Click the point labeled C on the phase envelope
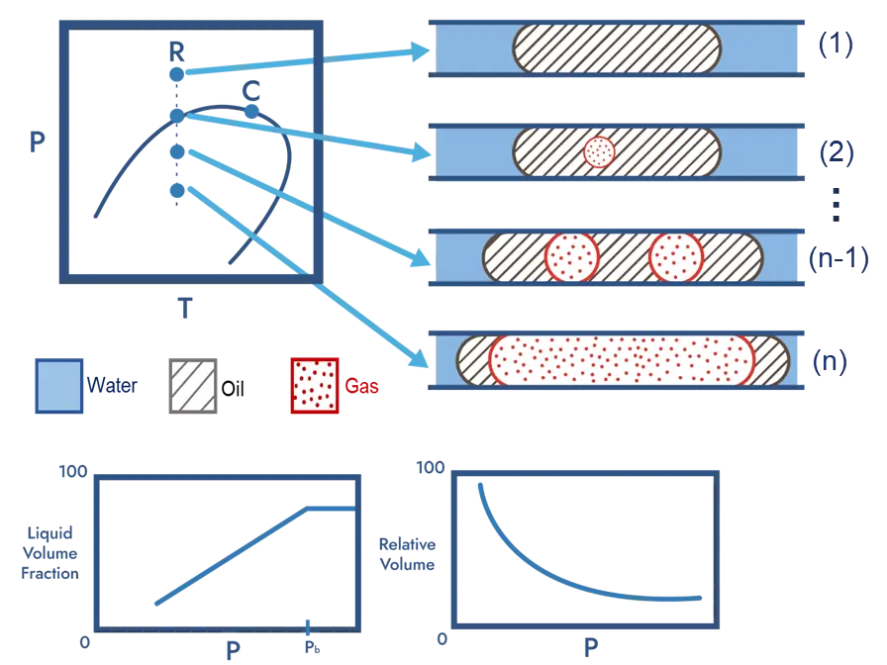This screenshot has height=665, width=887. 251,110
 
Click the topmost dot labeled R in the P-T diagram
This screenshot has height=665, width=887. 177,73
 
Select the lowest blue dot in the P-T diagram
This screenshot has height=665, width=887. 177,189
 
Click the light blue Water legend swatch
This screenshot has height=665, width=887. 57,385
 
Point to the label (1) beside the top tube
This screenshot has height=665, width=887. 838,48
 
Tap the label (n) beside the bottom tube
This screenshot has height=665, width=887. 830,363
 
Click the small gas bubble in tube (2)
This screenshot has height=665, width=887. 600,151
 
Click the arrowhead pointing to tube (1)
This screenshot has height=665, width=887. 420,50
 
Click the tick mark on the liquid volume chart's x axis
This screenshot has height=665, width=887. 309,625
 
